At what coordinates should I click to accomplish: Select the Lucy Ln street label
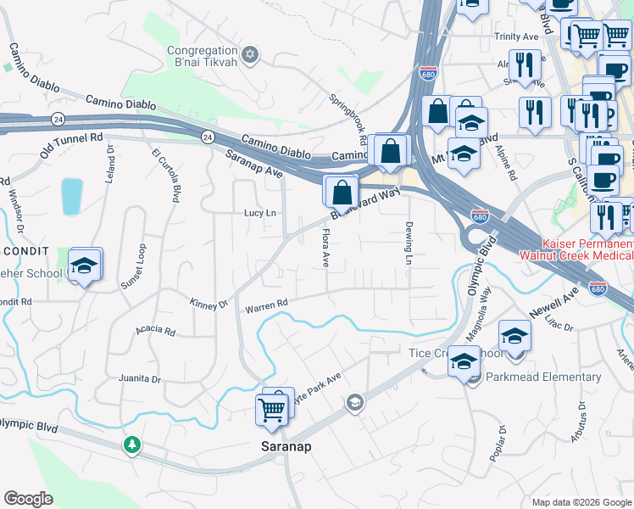(x=260, y=213)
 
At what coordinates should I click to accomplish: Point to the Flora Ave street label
(x=325, y=248)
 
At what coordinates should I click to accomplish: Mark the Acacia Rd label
(x=157, y=332)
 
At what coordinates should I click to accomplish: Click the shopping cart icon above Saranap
(x=271, y=410)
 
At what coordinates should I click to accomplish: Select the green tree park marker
(x=131, y=445)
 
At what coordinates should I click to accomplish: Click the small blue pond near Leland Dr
(x=72, y=196)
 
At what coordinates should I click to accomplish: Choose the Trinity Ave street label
(x=517, y=37)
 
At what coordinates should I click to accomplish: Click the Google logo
(x=28, y=499)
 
